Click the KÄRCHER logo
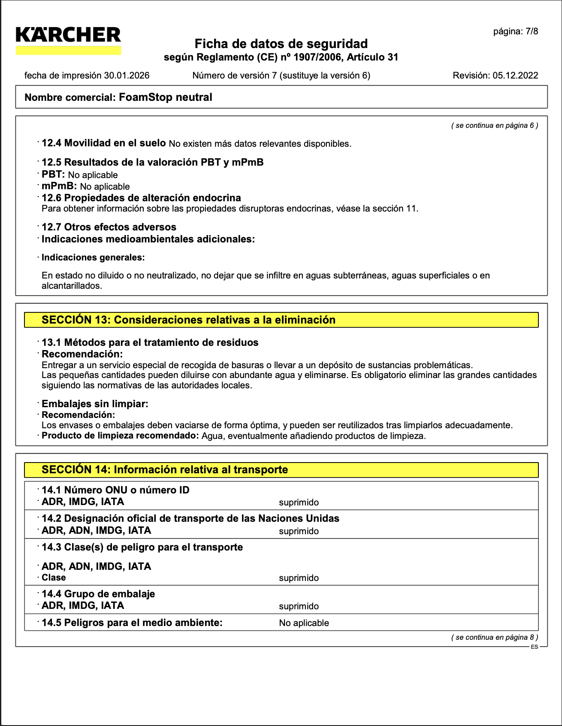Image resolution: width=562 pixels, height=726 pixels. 68,39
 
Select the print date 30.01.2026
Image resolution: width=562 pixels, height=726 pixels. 127,76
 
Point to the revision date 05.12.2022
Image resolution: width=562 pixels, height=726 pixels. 515,76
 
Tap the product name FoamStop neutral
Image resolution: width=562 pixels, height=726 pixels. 165,97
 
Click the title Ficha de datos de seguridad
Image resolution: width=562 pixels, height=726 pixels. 281,44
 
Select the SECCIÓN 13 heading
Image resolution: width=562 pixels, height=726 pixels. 188,320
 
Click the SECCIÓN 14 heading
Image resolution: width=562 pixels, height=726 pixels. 165,470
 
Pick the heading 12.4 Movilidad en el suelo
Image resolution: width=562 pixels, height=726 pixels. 103,143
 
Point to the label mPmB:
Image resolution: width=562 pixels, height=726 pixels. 59,186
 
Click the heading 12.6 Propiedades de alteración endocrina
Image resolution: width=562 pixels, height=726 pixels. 141,198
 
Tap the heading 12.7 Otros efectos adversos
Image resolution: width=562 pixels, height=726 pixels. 109,227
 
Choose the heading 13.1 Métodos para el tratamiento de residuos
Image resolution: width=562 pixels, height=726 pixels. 150,342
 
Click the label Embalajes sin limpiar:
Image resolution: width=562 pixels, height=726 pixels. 95,404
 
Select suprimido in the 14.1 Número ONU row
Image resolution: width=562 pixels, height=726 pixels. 299,502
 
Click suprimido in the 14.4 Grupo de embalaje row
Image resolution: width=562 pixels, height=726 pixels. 299,606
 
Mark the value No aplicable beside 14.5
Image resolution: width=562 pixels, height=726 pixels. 304,623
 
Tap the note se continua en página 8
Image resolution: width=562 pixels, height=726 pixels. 494,638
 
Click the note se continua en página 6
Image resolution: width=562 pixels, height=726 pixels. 494,126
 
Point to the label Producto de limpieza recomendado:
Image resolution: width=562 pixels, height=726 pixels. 120,436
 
